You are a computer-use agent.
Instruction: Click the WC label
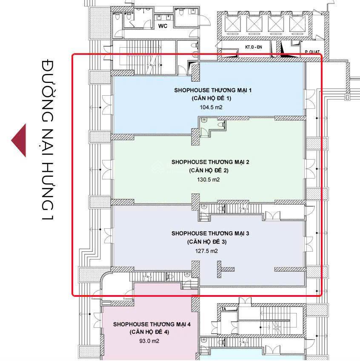pos(163,26)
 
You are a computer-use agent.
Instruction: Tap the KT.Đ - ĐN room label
pos(254,47)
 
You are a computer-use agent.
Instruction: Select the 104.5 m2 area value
pos(211,107)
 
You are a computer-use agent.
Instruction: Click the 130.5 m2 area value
pos(209,179)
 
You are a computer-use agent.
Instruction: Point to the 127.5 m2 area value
pos(206,251)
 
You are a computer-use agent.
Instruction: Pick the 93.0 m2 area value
pos(149,341)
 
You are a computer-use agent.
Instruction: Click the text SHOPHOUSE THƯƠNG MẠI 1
pos(213,90)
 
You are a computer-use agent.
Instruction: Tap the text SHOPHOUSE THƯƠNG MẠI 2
pos(210,162)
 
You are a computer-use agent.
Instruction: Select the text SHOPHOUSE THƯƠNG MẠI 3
pos(210,233)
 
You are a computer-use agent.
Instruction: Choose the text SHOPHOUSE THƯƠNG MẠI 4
pos(152,324)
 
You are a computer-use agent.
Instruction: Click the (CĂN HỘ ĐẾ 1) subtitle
pos(211,98)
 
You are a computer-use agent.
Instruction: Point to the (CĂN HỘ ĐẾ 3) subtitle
pos(207,242)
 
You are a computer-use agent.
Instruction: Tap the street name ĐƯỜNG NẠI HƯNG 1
pos(48,140)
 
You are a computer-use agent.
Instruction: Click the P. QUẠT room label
pos(312,52)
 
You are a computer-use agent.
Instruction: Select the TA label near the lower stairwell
pos(223,309)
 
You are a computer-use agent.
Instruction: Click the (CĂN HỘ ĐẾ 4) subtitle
pos(149,332)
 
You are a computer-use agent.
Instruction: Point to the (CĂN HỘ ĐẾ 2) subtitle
pos(209,171)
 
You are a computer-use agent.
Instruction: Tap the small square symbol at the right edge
pos(347,97)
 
